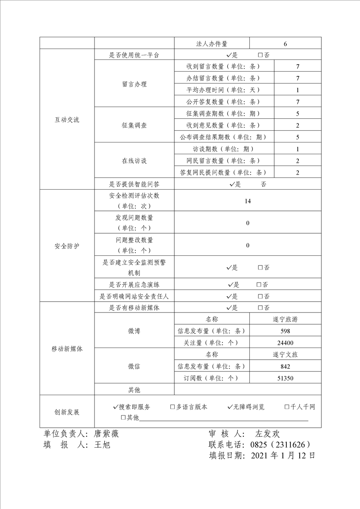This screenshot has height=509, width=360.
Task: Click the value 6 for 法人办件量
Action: point(285,44)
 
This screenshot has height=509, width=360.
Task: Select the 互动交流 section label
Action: point(67,120)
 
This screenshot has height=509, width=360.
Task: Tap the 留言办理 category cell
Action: point(134,84)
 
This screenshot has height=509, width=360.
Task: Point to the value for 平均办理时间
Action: point(297,90)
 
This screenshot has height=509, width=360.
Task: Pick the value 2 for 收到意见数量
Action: point(297,126)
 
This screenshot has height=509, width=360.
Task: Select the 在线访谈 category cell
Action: point(134,161)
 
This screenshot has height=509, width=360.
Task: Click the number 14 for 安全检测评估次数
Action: point(247,201)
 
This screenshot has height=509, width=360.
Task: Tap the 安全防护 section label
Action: point(67,247)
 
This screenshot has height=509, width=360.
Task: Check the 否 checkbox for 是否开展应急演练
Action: point(259,285)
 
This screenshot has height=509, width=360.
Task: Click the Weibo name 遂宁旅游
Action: point(286,319)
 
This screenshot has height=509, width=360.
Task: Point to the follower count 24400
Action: point(286,343)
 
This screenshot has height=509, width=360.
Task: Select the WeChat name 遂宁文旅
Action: point(286,355)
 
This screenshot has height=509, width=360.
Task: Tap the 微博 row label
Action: point(134,331)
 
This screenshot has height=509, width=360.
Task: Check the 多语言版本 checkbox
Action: point(173,407)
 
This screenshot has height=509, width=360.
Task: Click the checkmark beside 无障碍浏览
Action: point(230,407)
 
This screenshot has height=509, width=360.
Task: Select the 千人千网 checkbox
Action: point(287,407)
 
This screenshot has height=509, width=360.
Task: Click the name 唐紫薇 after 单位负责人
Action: point(106,434)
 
